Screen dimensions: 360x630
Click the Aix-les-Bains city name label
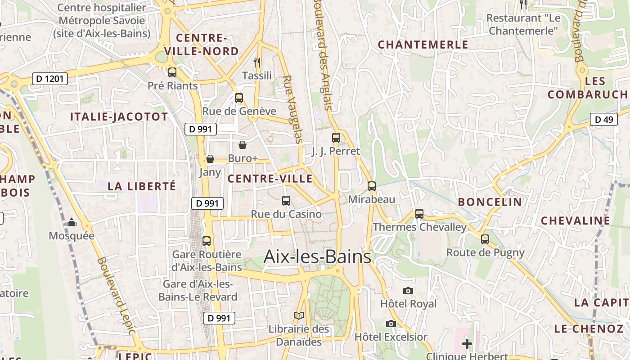[317, 256]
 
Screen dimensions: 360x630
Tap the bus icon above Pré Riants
[172, 72]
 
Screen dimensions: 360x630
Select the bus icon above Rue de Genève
[239, 98]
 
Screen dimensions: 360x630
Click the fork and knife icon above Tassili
[257, 62]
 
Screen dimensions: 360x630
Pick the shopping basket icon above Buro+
[243, 145]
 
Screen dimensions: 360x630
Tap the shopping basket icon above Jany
[210, 159]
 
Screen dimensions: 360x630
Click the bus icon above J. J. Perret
[336, 138]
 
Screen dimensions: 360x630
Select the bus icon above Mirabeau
[372, 186]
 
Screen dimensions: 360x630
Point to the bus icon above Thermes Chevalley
[419, 214]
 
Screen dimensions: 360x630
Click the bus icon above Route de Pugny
[485, 239]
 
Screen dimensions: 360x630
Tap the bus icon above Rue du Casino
[286, 201]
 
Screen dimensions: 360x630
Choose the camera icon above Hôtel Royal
[408, 291]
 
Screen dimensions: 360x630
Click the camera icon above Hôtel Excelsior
[391, 324]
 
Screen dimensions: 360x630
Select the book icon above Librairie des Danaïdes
[299, 316]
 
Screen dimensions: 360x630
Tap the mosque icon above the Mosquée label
[72, 222]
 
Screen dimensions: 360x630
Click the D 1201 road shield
[50, 79]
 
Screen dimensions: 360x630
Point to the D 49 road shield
[604, 119]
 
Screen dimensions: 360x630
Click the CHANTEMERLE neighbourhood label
[423, 45]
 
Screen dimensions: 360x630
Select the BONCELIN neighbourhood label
[490, 202]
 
